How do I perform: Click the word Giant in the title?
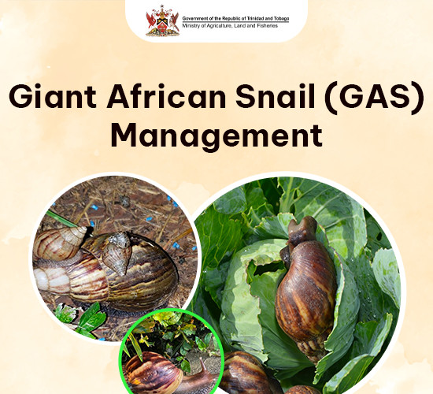click(53, 96)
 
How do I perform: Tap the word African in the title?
click(167, 95)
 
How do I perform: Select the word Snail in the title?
click(276, 95)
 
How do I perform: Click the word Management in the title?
click(216, 136)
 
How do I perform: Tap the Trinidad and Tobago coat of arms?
click(162, 21)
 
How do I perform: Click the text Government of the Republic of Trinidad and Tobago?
click(235, 19)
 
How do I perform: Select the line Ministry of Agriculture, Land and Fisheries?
click(230, 26)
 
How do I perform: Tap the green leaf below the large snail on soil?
click(91, 318)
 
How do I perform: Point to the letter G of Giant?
click(20, 96)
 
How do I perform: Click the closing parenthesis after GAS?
click(418, 98)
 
